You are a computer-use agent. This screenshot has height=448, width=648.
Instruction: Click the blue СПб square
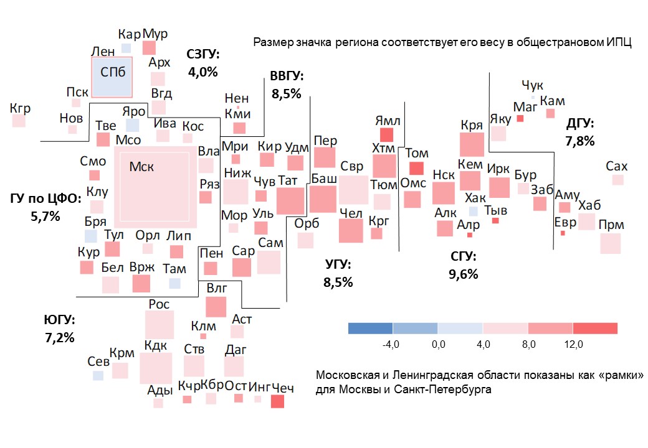coord(112,78)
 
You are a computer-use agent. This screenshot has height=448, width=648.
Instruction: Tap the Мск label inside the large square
coord(141,167)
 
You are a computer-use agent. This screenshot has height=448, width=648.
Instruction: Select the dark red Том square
coord(416,168)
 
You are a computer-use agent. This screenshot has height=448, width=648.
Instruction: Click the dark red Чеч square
coord(277,402)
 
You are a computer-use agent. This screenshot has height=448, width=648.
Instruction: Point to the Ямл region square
coord(387,134)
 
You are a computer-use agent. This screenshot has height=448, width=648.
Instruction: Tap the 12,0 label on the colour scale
coord(573,344)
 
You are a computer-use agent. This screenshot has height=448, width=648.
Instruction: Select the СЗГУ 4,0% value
coord(202,72)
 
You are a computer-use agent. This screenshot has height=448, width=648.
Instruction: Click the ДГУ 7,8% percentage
coord(579,141)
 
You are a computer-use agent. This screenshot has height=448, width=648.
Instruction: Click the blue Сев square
coord(98,375)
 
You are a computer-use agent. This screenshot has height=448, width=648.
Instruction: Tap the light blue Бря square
coord(91,236)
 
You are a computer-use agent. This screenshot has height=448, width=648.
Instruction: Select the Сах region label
coord(616,167)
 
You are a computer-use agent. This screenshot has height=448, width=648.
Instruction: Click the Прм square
coord(610,243)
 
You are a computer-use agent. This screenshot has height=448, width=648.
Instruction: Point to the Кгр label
coord(20,108)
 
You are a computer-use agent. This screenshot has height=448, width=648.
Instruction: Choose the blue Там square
coord(174,283)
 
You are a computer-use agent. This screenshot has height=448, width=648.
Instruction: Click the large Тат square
coord(290,201)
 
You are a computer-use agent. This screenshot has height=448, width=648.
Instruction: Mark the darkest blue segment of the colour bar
coord(370,328)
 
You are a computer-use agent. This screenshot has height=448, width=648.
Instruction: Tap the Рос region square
coord(159,324)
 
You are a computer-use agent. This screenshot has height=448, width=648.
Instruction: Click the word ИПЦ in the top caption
coord(619,43)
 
